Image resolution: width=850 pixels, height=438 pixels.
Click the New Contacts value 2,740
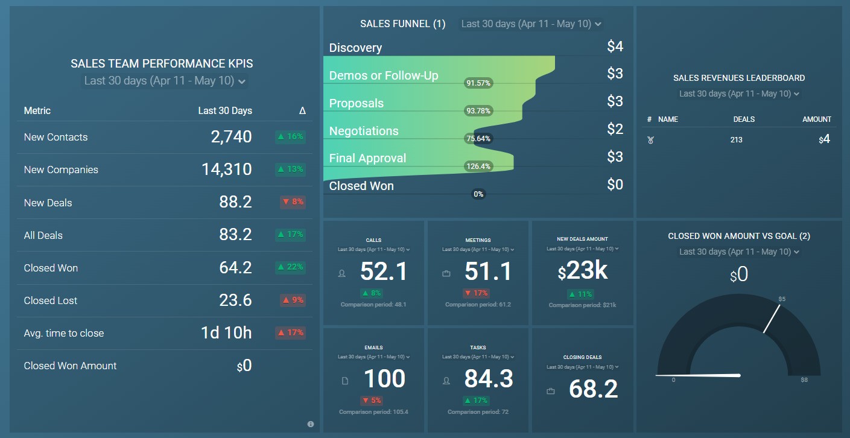pos(231,137)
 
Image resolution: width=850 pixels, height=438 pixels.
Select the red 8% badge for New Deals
pos(293,202)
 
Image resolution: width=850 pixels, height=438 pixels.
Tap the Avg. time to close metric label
pos(64,333)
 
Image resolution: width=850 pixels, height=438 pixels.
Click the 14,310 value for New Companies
pos(226,170)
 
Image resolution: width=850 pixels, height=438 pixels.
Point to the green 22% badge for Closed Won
pos(290,267)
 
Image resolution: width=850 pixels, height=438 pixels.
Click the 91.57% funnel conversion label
pos(478,83)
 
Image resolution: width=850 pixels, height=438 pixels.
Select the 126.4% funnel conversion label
pos(478,167)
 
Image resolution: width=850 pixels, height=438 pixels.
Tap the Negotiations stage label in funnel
pos(364,131)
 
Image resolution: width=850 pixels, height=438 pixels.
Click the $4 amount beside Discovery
pos(615,46)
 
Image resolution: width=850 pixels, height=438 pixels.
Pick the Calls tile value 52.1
pos(384,272)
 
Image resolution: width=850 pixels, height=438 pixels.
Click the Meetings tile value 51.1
pos(488,272)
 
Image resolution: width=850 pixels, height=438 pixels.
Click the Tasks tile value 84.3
pos(488,379)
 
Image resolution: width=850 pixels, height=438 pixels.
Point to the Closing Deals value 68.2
pos(593,390)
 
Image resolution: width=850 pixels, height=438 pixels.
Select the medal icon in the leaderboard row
pos(650,140)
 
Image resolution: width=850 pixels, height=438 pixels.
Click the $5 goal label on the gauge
pos(782,299)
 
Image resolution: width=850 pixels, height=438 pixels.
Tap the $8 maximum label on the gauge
pos(804,380)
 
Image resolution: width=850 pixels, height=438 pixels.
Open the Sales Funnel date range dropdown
pos(531,24)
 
